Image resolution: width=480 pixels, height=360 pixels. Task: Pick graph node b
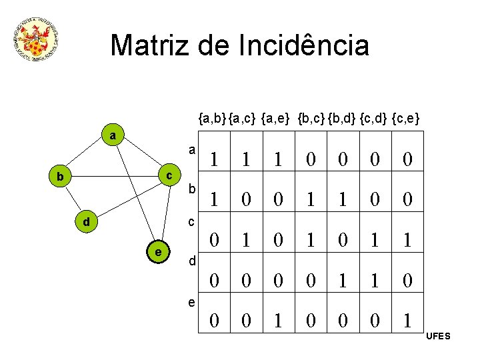coord(60,177)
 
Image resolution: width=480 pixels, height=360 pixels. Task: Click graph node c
coord(169,175)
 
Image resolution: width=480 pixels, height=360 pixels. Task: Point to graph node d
coord(86,221)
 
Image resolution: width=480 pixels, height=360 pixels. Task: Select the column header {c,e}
coord(405,119)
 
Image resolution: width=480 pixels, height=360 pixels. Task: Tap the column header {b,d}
coord(341,119)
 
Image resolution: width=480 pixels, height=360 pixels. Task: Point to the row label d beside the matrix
coord(191,261)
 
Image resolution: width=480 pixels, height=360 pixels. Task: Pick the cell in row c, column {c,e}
coord(407,240)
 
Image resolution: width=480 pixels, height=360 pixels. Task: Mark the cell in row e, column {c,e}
coord(407,321)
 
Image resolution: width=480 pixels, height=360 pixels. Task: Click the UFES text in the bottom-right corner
coord(438,336)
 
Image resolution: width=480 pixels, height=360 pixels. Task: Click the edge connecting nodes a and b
coord(87,157)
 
